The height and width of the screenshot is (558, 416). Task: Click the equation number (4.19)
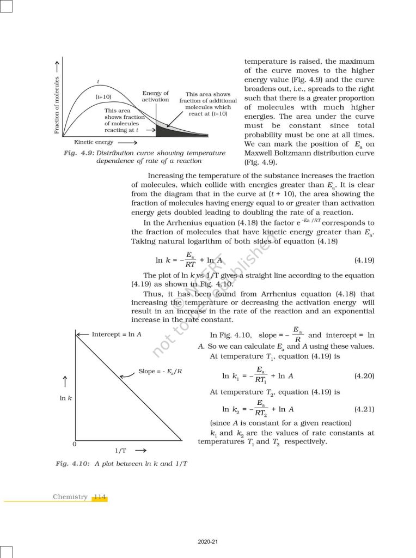click(x=364, y=260)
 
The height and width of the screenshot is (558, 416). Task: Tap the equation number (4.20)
click(x=364, y=376)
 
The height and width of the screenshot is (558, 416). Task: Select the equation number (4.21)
click(x=364, y=409)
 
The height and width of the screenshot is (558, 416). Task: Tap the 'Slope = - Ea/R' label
click(x=160, y=371)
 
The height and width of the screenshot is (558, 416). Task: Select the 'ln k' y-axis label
click(x=66, y=398)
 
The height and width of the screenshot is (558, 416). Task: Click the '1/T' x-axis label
click(x=121, y=451)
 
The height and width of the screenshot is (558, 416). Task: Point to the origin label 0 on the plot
click(x=74, y=445)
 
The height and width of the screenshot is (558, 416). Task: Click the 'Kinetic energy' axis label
click(x=94, y=142)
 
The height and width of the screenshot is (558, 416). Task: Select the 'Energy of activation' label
click(x=156, y=96)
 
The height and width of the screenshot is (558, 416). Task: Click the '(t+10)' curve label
click(x=103, y=96)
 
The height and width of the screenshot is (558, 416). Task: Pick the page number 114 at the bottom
click(x=100, y=497)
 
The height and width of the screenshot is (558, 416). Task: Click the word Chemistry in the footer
click(x=70, y=497)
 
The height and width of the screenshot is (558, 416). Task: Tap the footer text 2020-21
click(x=208, y=542)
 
